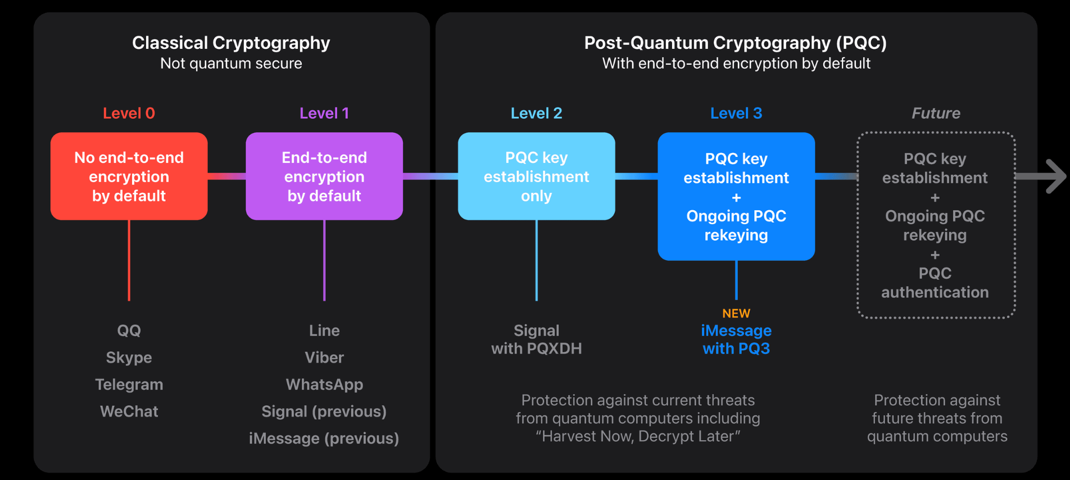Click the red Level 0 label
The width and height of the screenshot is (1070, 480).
click(x=129, y=113)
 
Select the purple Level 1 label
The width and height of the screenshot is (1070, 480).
click(x=324, y=113)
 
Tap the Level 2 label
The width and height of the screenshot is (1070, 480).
click(x=536, y=113)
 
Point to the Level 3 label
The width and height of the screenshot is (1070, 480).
click(x=736, y=113)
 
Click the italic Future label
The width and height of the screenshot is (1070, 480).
click(x=936, y=113)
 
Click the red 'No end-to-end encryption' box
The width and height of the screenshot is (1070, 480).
click(x=129, y=176)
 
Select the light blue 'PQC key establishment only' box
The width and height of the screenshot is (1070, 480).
click(x=536, y=176)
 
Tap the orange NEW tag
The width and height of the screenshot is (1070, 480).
click(x=736, y=313)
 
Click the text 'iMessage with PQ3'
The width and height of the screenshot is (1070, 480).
click(x=736, y=339)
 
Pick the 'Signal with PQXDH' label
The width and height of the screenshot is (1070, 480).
click(x=536, y=339)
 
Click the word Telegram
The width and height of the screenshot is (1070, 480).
click(x=129, y=384)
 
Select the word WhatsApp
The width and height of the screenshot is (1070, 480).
click(x=324, y=384)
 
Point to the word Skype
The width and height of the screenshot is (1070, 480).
click(x=129, y=357)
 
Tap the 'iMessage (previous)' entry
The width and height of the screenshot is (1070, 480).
click(x=324, y=438)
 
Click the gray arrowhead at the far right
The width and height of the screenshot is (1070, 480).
click(x=1054, y=176)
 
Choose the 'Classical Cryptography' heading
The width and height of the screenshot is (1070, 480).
click(x=231, y=43)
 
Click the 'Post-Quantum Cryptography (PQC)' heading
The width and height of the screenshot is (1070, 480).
click(x=736, y=43)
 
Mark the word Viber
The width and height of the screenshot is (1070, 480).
click(x=324, y=357)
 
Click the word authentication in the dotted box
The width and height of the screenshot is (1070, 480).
click(x=935, y=292)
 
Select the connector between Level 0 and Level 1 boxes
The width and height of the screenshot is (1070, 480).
click(x=226, y=176)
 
